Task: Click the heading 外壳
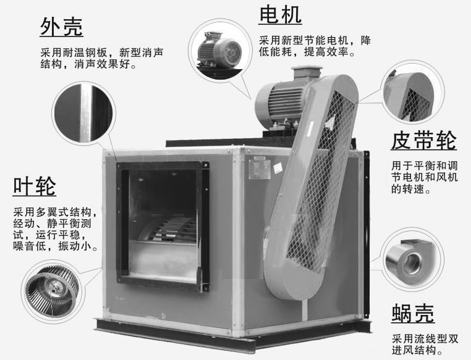point(62,27)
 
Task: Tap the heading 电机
point(280,15)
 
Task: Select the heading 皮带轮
point(424,140)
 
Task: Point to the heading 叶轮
point(35,186)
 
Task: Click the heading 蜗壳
point(413,313)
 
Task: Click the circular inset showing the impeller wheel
point(53,291)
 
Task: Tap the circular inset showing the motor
point(219,50)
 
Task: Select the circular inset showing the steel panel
point(83,113)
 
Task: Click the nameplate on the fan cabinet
point(260,169)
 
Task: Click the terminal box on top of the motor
point(307,73)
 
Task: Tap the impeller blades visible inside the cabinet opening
point(168,229)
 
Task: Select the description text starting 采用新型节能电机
point(315,46)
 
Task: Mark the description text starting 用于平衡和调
point(424,177)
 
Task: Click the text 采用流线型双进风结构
point(425,345)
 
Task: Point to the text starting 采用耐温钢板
point(102,58)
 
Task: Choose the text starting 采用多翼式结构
point(56,229)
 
